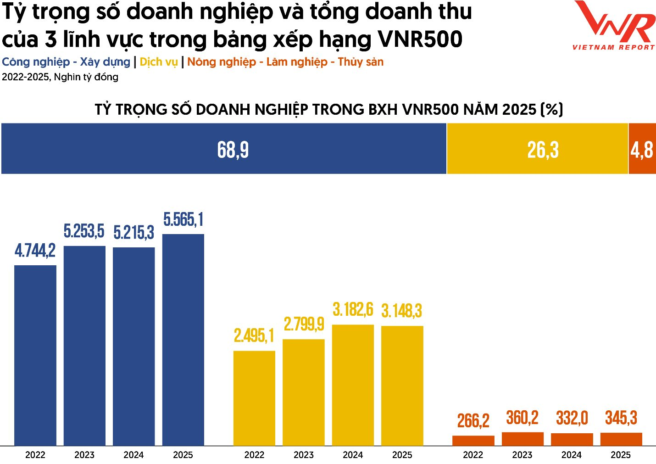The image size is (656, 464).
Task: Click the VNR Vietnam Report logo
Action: [x=614, y=25]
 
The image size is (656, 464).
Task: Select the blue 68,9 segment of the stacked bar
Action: [x=224, y=149]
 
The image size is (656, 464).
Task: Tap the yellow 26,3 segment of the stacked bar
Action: [x=537, y=149]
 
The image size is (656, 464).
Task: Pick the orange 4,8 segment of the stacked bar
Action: [x=642, y=149]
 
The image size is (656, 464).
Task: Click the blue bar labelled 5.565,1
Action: [x=183, y=340]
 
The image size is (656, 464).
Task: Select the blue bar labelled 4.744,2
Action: [x=35, y=355]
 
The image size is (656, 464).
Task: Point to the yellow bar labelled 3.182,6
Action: [x=353, y=385]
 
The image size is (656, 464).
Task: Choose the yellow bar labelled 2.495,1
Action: [x=254, y=398]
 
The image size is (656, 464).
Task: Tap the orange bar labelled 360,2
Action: [x=523, y=439]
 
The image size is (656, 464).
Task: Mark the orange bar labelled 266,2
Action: [x=473, y=441]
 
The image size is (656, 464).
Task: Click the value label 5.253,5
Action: [x=84, y=231]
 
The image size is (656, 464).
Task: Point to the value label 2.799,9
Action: [x=304, y=324]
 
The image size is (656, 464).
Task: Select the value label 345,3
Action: [x=621, y=418]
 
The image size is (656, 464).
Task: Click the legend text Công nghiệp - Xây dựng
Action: [x=66, y=62]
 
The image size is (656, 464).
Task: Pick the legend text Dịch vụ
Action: [x=158, y=62]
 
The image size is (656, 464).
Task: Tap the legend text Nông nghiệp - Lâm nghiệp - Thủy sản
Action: [x=285, y=62]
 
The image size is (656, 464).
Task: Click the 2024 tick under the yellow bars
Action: [x=353, y=455]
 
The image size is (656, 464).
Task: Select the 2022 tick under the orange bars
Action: [x=473, y=455]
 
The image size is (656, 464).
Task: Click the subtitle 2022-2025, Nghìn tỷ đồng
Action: [x=60, y=77]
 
